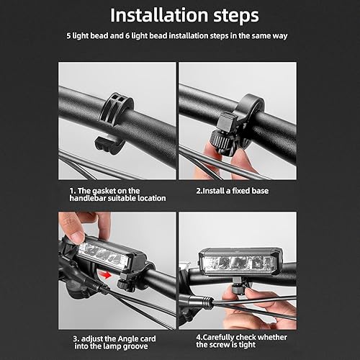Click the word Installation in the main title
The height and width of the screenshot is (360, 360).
point(159,15)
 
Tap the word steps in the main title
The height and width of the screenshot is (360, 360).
point(236,16)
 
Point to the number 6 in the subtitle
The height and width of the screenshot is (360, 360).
point(127,36)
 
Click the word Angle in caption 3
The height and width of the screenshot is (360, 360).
point(127,339)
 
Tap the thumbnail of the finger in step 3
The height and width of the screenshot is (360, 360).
point(77,238)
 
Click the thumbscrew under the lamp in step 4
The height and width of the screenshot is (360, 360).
point(238,290)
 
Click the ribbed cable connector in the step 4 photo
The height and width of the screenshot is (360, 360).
point(206,302)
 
